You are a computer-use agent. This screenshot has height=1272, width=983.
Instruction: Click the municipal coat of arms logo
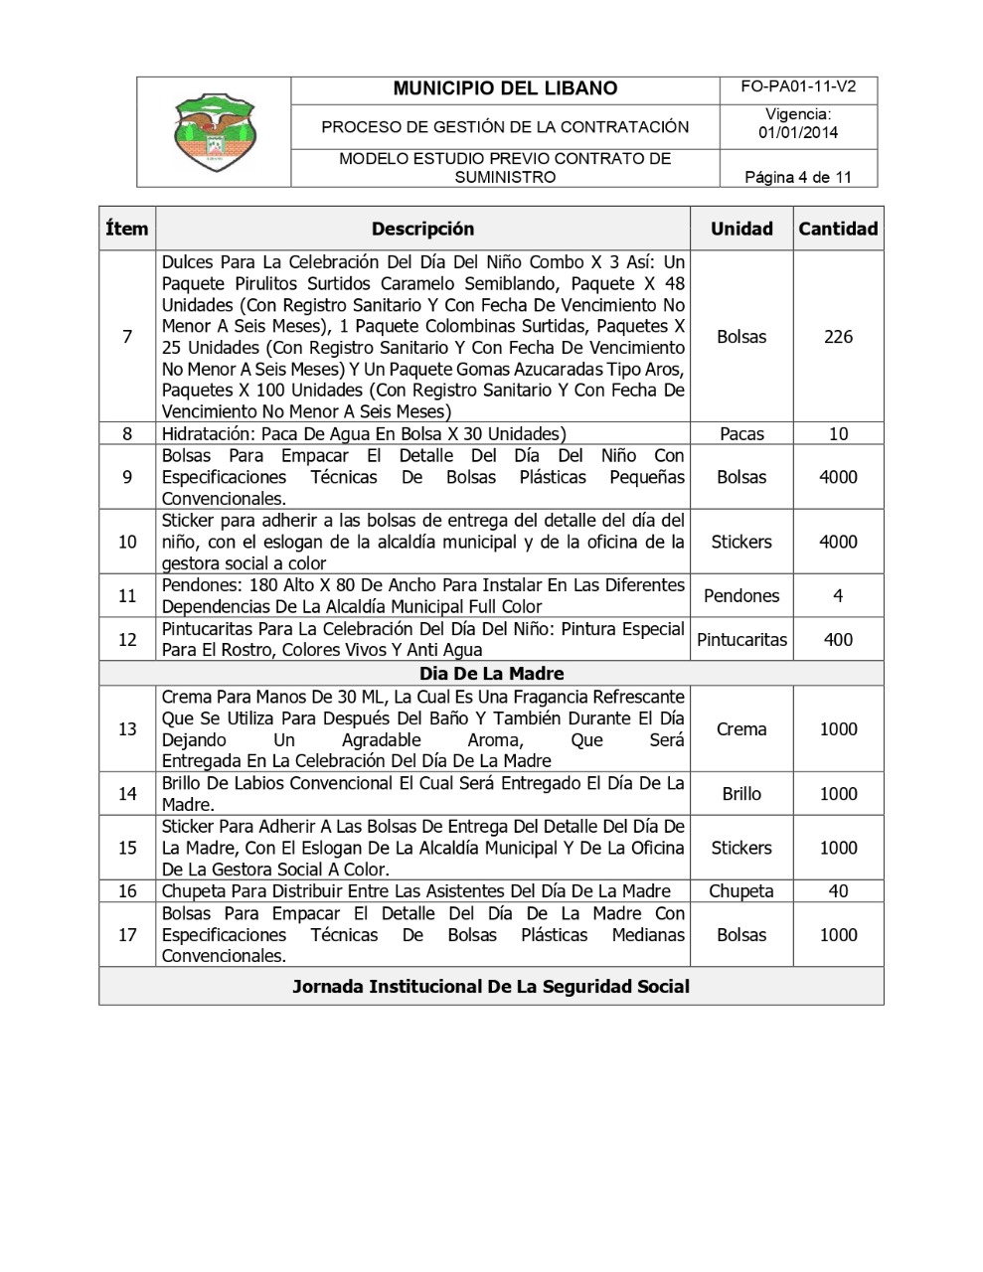coord(214,132)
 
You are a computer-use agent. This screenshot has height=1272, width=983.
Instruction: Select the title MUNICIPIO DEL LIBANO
coord(505,88)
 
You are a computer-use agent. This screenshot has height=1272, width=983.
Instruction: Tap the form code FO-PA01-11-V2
coord(798,87)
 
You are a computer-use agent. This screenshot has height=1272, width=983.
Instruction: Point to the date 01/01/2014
coord(798,133)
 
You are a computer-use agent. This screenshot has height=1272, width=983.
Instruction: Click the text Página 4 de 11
coord(798,178)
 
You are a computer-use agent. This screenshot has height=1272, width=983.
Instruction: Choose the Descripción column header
coord(422,229)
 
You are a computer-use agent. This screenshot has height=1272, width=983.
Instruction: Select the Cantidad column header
coord(838,229)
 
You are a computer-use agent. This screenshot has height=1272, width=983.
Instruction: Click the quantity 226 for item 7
coord(838,337)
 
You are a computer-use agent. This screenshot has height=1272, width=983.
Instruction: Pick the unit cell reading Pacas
coord(741,433)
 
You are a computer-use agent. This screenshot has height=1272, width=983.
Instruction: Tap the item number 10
coord(127,542)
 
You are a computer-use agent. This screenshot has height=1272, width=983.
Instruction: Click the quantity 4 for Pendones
coord(838,596)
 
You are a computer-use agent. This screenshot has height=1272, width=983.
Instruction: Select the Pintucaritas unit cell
coord(741,640)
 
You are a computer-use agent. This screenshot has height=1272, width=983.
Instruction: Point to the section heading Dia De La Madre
coord(491,674)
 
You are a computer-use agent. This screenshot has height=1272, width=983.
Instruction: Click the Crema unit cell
coord(741,729)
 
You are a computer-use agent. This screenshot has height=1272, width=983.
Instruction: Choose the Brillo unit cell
coord(741,794)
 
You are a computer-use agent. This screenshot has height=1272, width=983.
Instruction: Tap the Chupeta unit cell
coord(741,891)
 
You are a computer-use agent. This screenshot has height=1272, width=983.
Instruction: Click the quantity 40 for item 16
coord(838,891)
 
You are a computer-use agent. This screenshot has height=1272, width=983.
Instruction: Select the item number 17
coord(127,935)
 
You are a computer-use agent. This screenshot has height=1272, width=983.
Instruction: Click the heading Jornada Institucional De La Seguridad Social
coord(491,987)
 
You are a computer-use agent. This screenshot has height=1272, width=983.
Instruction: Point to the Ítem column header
coord(127,229)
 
